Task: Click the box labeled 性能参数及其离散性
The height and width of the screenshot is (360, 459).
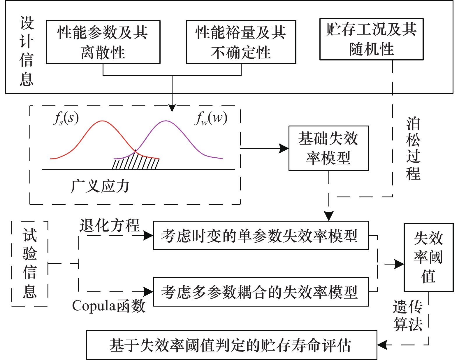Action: (103, 42)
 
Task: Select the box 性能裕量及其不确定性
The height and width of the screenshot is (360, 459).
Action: (241, 42)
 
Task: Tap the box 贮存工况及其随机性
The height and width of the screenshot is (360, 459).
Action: (371, 39)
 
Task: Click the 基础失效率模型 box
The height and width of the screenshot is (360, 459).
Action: (328, 148)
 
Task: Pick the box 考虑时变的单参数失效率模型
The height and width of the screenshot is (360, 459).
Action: (261, 235)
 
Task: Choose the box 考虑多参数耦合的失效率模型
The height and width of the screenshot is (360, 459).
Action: (261, 292)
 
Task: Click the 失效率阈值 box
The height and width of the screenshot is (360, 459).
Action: (428, 257)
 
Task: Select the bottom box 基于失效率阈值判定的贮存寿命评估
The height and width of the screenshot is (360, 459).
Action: (232, 345)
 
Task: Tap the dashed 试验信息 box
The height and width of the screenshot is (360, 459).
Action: (30, 263)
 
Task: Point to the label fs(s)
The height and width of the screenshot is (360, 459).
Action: (66, 118)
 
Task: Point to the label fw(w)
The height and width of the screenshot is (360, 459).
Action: (210, 118)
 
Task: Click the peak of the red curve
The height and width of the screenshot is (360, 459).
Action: (102, 121)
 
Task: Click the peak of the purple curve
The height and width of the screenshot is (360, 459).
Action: (166, 121)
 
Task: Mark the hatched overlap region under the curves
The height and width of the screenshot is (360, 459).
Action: (136, 162)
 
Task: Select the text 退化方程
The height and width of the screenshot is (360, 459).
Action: (110, 225)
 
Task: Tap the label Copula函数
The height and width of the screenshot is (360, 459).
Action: (109, 306)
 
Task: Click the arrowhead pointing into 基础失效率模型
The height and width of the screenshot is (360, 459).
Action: (284, 148)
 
